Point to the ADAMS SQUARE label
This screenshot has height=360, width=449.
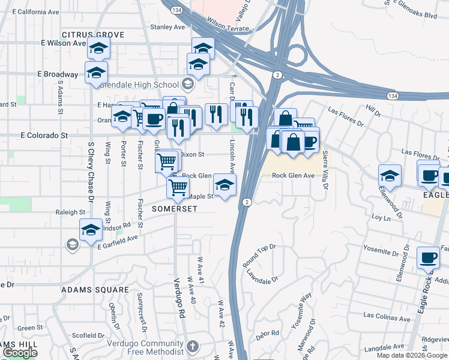(x=95, y=290)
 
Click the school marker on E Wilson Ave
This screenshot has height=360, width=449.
(x=99, y=47)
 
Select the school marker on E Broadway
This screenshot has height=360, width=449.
(x=96, y=72)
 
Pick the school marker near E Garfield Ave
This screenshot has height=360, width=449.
(x=91, y=230)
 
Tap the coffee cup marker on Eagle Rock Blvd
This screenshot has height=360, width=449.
(x=429, y=257)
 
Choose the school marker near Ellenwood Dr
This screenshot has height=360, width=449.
(x=390, y=175)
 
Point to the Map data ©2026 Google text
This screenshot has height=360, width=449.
(x=412, y=355)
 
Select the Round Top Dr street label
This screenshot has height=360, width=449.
(x=259, y=254)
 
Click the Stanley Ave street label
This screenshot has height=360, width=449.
(x=167, y=27)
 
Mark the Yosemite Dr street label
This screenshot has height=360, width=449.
(x=381, y=247)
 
